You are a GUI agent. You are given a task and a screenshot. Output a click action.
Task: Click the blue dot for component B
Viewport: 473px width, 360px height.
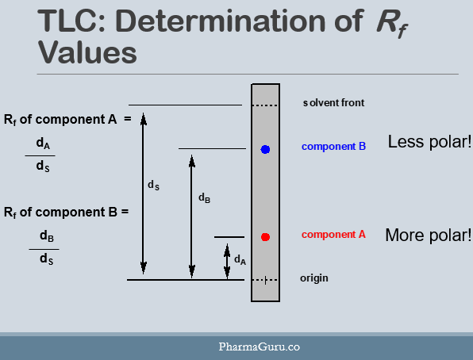(266, 149)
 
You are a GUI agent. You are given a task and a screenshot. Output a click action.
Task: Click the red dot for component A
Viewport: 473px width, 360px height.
(266, 237)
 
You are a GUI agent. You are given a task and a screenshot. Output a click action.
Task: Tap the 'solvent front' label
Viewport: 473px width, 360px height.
(333, 103)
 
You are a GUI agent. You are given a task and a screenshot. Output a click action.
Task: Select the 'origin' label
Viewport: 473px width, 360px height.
(313, 278)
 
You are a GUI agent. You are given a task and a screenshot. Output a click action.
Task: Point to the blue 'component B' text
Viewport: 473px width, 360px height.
(333, 147)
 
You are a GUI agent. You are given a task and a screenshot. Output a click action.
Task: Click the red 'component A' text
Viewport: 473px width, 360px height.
(333, 235)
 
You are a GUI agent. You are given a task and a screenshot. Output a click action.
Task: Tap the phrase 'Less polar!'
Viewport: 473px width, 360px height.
(429, 143)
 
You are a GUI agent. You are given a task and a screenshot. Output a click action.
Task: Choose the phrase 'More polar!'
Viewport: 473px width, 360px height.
(429, 236)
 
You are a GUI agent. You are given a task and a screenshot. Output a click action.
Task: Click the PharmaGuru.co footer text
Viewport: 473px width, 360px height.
(260, 347)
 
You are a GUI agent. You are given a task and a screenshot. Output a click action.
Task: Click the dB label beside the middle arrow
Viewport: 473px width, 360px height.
(204, 197)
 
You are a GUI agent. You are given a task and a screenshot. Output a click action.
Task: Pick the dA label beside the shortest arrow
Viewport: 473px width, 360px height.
(239, 259)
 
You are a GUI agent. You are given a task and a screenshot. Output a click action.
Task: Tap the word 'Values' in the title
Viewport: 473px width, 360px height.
(87, 53)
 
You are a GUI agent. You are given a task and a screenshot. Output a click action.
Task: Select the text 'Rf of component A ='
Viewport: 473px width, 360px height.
(67, 120)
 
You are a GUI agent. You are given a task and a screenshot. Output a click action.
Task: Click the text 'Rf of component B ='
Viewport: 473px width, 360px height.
(65, 213)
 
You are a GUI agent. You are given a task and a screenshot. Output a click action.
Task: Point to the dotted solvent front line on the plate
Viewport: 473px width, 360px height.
(265, 105)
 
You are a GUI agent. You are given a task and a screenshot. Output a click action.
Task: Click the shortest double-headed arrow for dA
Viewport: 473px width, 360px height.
(227, 261)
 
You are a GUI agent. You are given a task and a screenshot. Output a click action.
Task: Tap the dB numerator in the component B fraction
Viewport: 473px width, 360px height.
(46, 236)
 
